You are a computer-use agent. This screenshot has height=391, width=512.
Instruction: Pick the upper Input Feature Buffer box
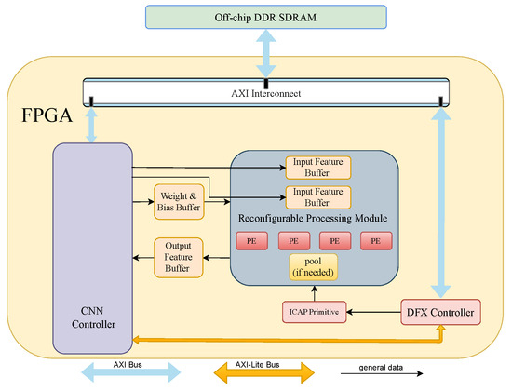pos(317,168)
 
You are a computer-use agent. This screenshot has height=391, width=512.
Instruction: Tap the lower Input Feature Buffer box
pos(317,196)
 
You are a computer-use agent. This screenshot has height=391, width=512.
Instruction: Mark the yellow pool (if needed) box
pos(315,268)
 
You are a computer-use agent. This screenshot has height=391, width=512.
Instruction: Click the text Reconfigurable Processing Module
pos(315,219)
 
